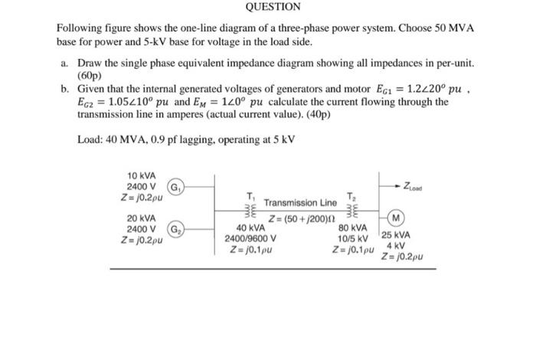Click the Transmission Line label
pos(300,203)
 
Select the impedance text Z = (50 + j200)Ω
pos(300,218)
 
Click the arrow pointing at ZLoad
pos(406,185)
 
